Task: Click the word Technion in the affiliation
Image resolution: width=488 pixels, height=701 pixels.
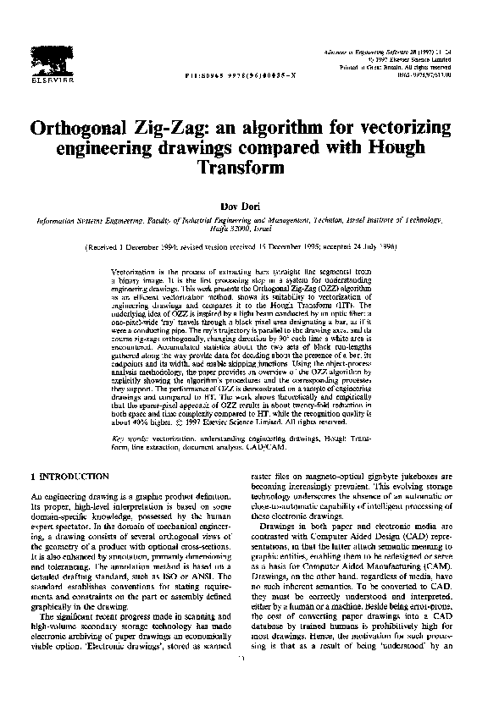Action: pyautogui.click(x=324, y=218)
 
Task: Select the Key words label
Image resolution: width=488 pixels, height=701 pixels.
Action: pyautogui.click(x=129, y=439)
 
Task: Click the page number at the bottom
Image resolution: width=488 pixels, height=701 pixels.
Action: pyautogui.click(x=243, y=682)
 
